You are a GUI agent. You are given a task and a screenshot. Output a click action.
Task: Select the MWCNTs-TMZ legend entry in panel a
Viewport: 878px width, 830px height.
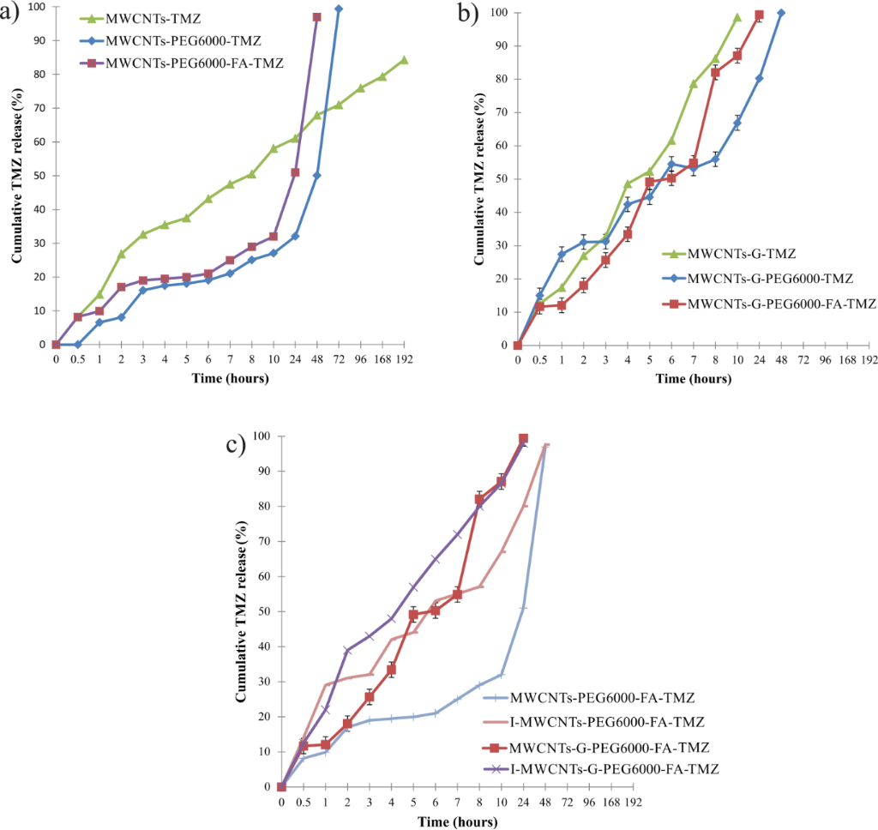(137, 17)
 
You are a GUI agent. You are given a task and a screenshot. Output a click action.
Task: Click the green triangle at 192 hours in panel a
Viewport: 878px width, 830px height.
(404, 60)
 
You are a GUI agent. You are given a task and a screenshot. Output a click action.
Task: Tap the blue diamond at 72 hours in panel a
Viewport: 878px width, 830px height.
(339, 9)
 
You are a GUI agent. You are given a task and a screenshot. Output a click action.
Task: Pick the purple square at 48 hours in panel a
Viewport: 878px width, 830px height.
(317, 17)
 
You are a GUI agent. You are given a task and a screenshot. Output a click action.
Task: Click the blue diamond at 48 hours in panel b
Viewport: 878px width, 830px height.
(781, 13)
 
